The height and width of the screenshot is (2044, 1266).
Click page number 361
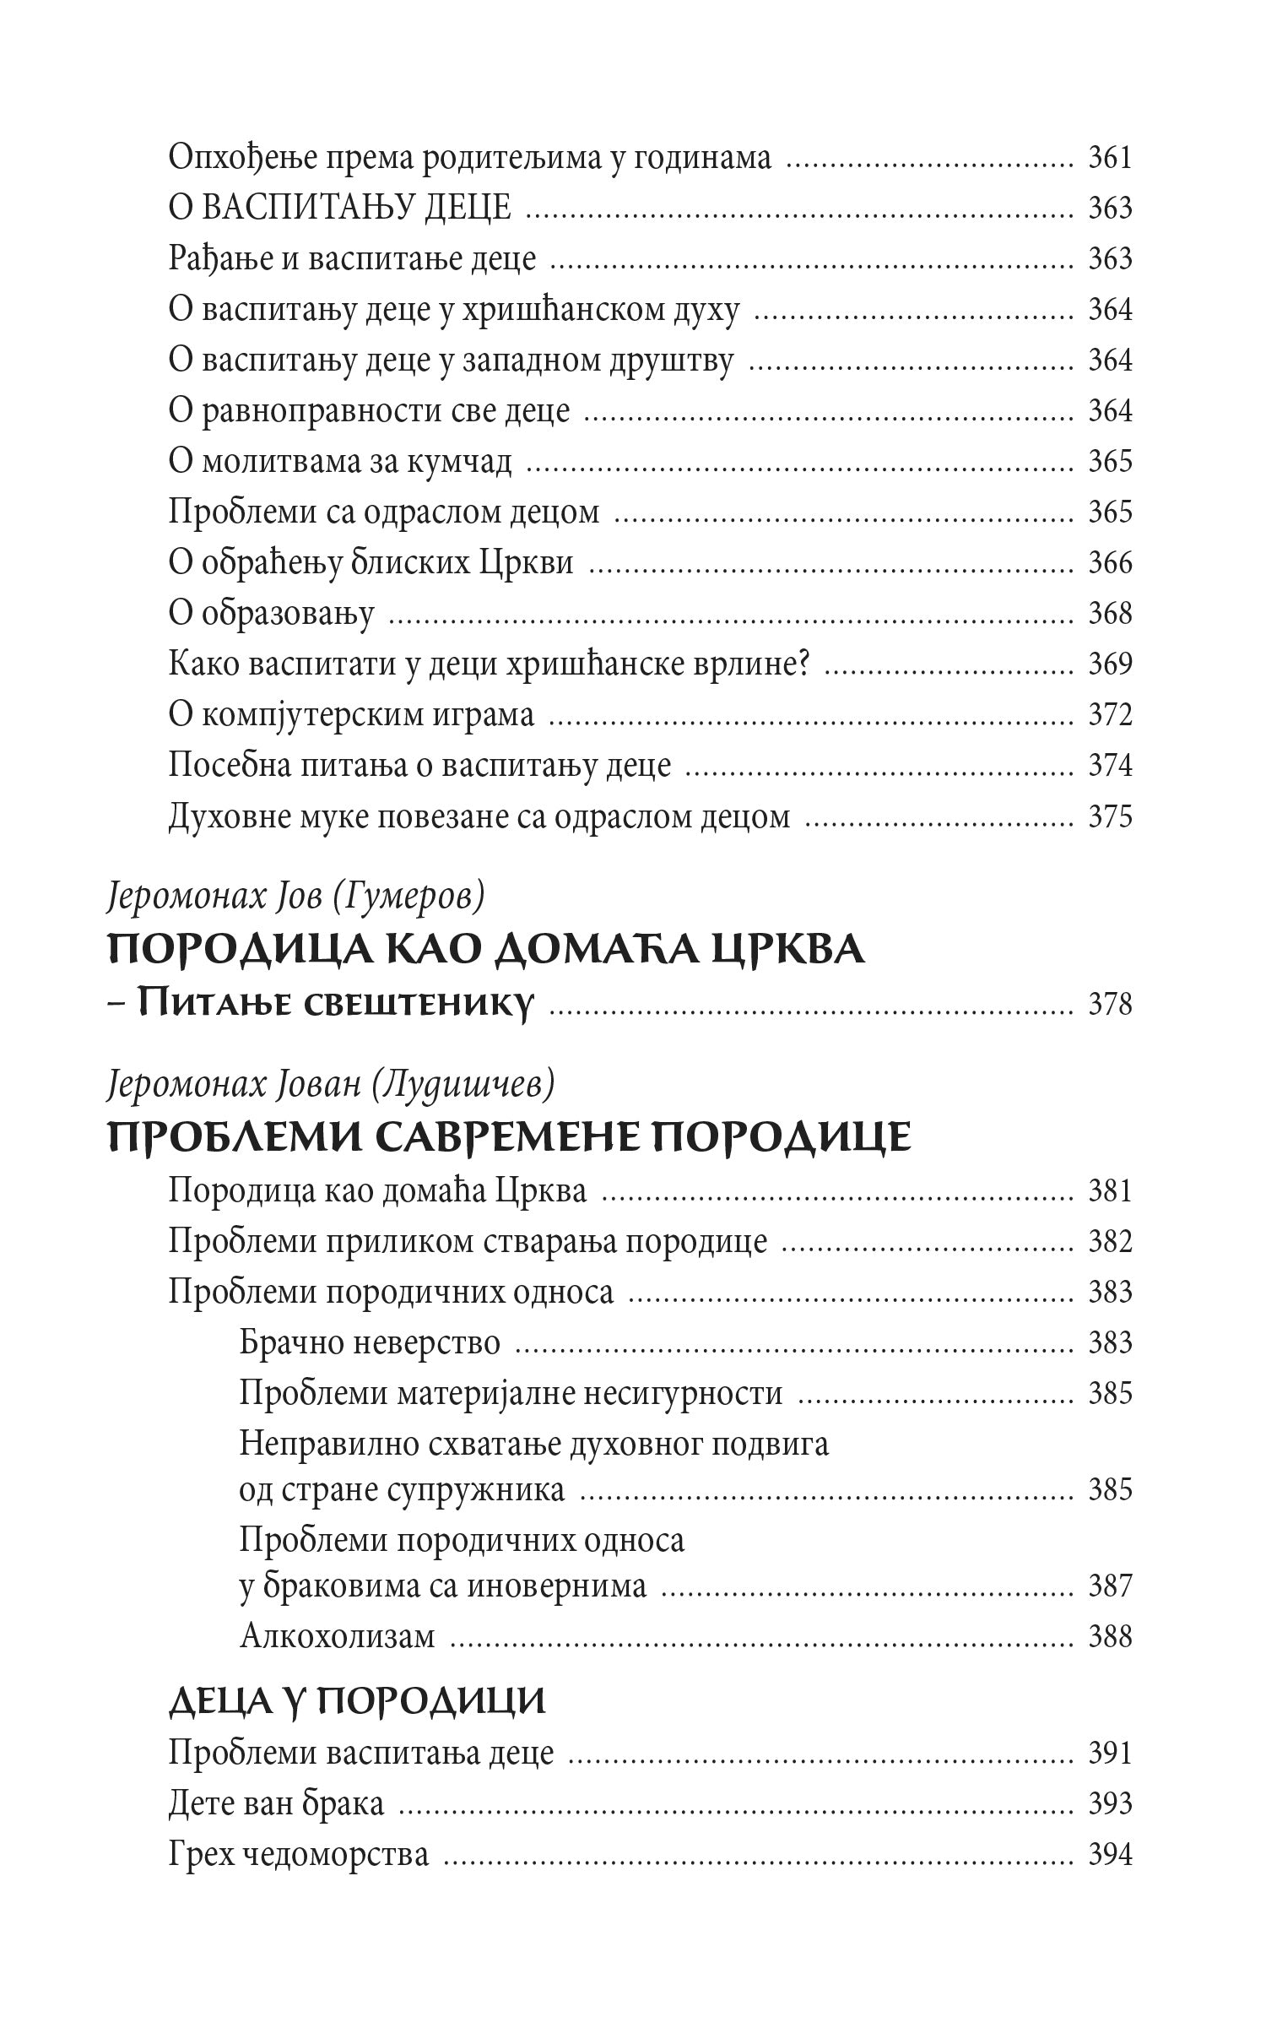tap(1109, 158)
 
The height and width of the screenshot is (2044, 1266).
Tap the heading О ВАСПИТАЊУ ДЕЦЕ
tap(339, 209)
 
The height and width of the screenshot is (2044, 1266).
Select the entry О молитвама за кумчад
tap(339, 462)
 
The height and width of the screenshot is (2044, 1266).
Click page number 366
tap(1109, 563)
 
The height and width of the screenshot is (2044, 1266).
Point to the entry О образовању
tap(271, 614)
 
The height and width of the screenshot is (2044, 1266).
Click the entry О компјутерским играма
tap(351, 715)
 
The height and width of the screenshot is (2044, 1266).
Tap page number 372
tap(1109, 715)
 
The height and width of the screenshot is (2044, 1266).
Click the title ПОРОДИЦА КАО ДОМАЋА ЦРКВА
tap(487, 950)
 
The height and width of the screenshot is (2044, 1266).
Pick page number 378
tap(1109, 1005)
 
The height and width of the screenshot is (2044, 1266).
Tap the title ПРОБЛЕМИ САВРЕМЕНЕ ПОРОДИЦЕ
tap(510, 1137)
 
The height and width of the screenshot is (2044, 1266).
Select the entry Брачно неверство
tap(370, 1342)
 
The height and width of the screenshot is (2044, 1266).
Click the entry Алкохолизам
tap(337, 1636)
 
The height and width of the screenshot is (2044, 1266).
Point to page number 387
tap(1109, 1586)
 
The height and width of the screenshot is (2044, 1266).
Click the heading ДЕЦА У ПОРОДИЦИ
tap(357, 1701)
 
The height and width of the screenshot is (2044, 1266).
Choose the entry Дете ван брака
tap(276, 1804)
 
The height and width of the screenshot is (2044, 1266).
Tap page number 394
tap(1109, 1855)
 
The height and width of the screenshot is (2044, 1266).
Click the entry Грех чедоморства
tap(298, 1855)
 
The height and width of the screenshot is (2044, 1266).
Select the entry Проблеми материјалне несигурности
tap(511, 1393)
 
